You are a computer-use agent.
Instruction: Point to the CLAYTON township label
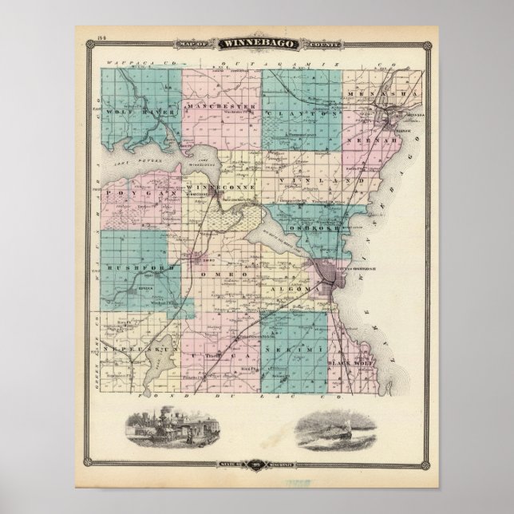pyautogui.click(x=302, y=115)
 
